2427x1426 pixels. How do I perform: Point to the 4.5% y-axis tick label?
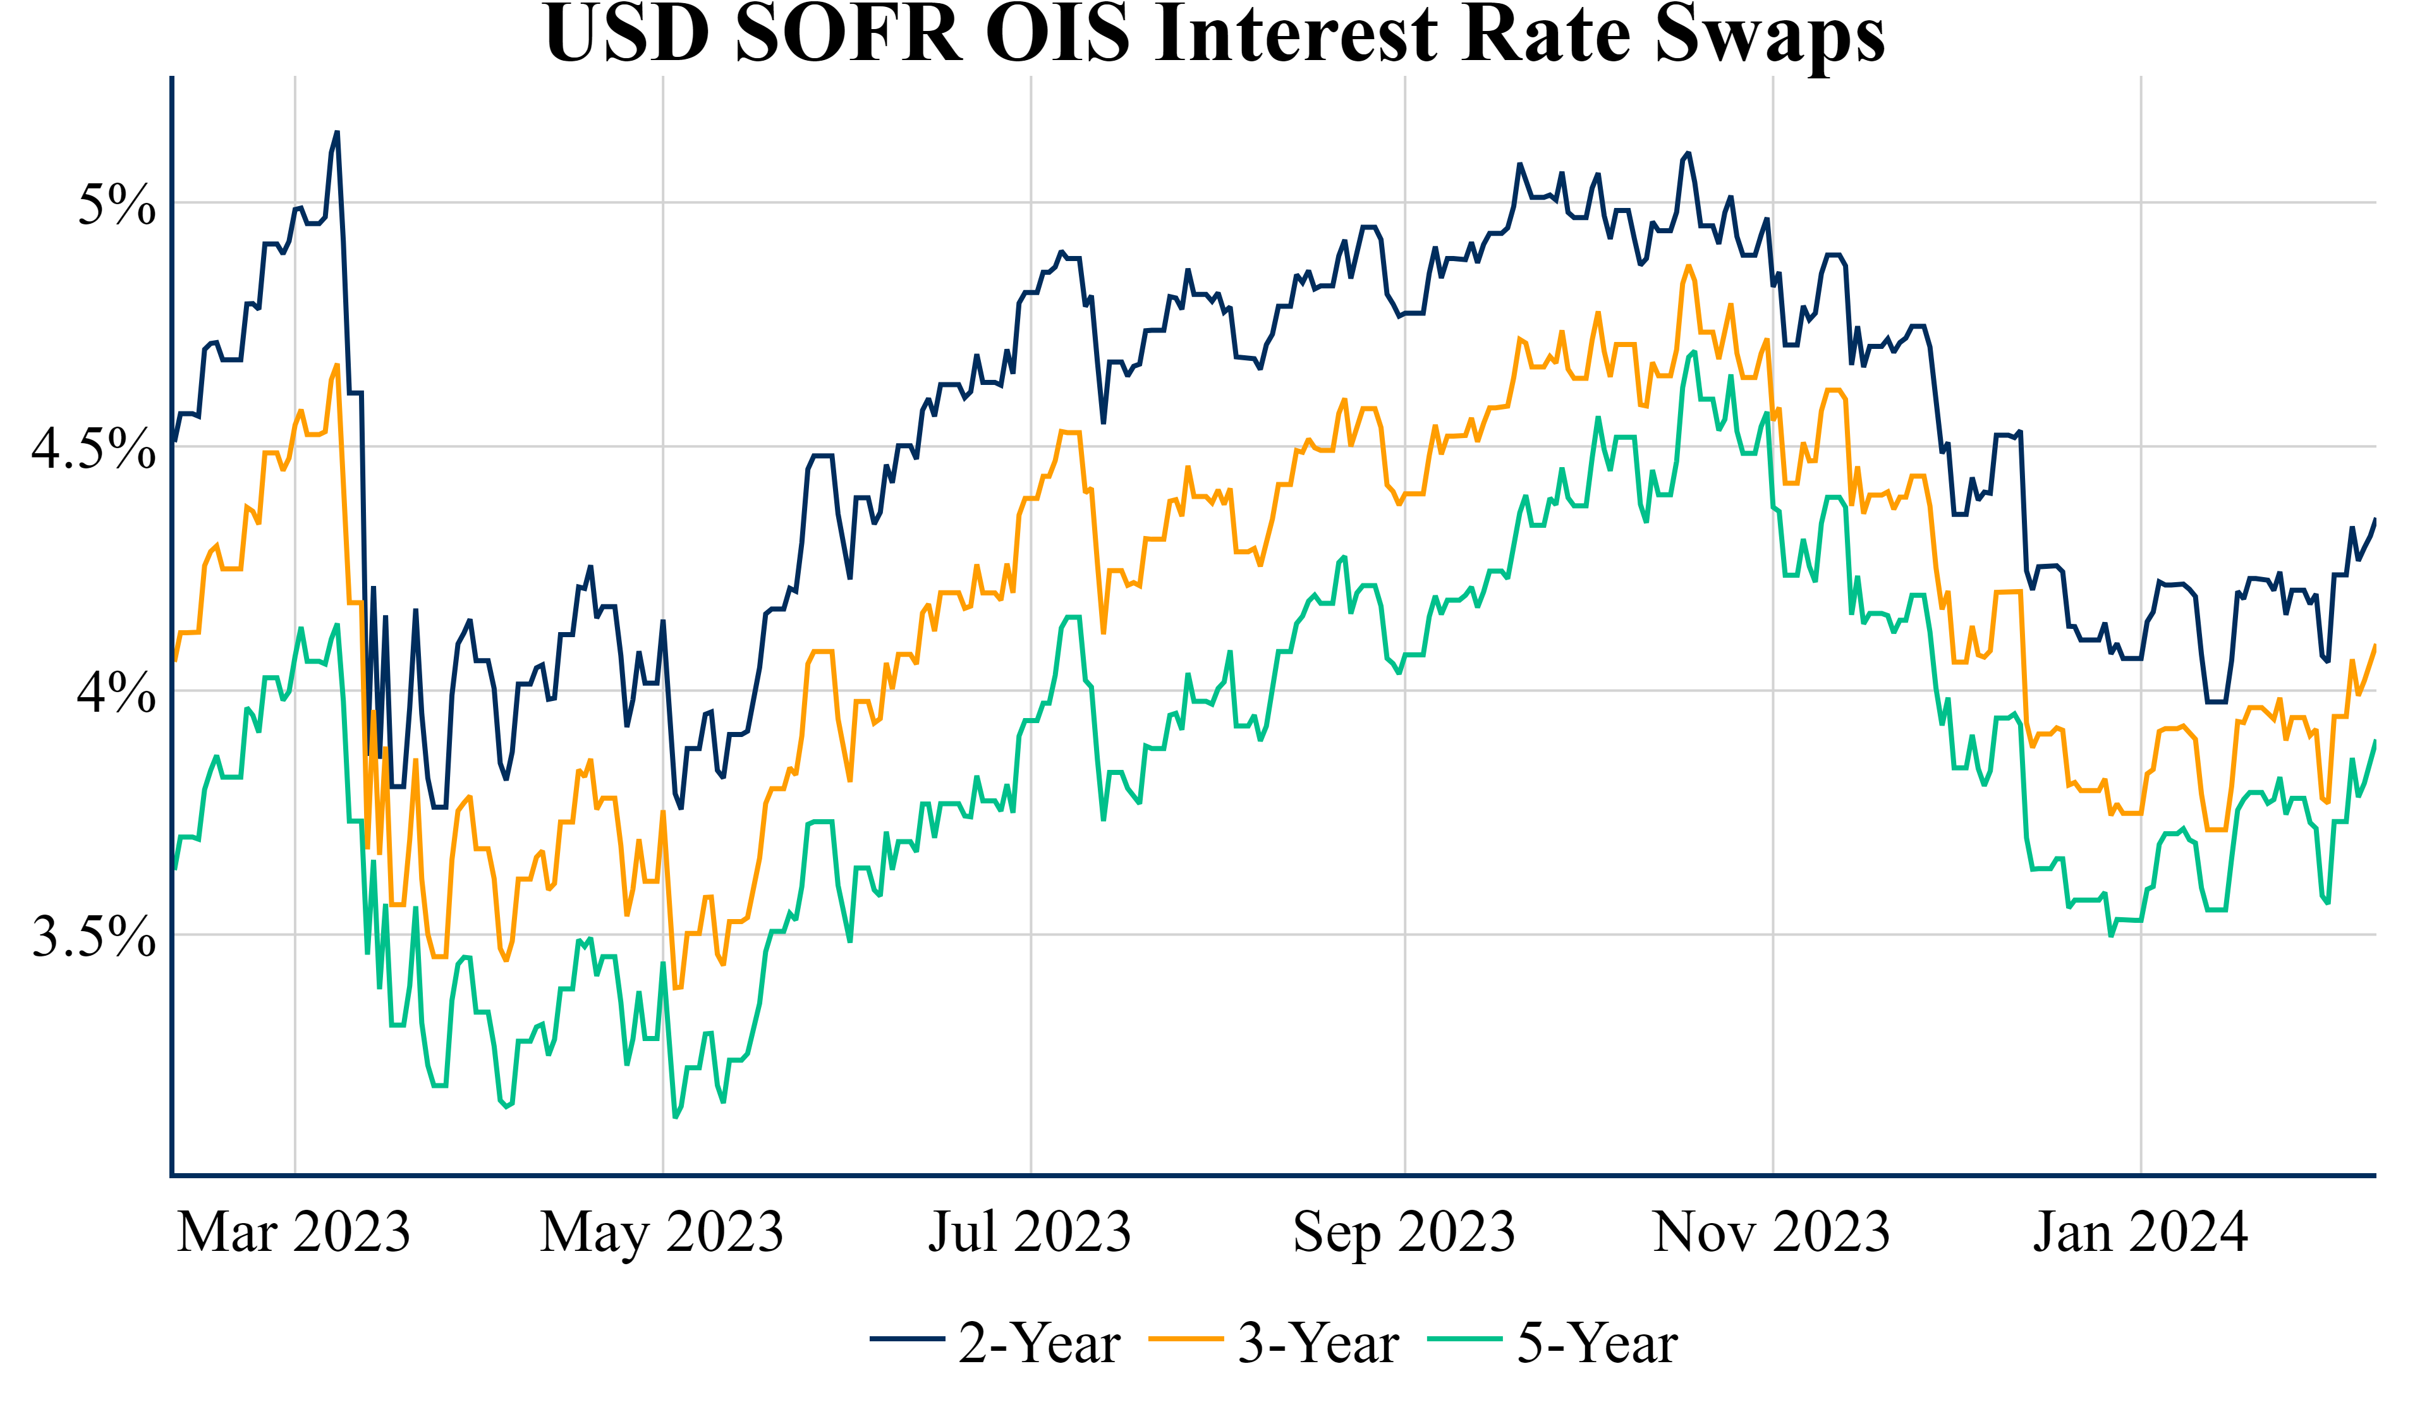pos(94,448)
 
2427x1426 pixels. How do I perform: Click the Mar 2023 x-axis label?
pos(294,1233)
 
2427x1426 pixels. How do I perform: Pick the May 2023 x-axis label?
pos(662,1233)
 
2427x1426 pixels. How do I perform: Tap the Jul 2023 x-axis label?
pos(1030,1233)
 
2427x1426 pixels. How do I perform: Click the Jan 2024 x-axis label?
pos(2140,1233)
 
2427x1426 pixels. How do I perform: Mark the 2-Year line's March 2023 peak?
pos(337,132)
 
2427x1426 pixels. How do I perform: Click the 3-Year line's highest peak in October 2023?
pos(1688,266)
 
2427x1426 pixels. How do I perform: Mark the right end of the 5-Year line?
pos(2376,741)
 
